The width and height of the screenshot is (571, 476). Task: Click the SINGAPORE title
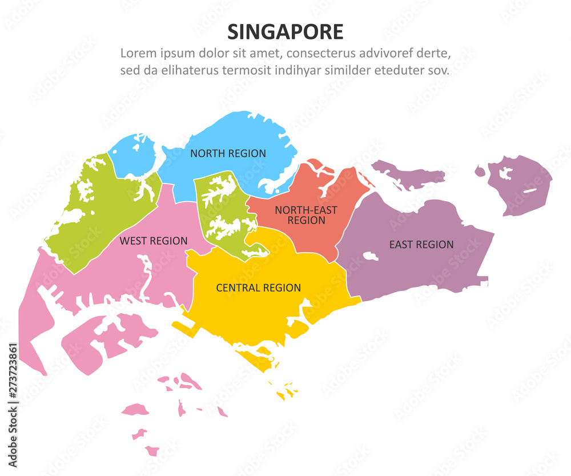point(285,31)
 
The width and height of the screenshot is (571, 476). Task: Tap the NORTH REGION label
point(228,153)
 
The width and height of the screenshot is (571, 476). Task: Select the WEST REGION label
point(153,241)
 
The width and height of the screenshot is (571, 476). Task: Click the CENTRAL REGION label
point(258,288)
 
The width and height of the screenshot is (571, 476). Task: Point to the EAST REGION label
point(421,245)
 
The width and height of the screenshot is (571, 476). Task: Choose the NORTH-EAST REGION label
point(306,215)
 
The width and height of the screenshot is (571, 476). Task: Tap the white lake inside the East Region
point(371,257)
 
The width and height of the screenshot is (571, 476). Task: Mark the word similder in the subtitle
point(348,71)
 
